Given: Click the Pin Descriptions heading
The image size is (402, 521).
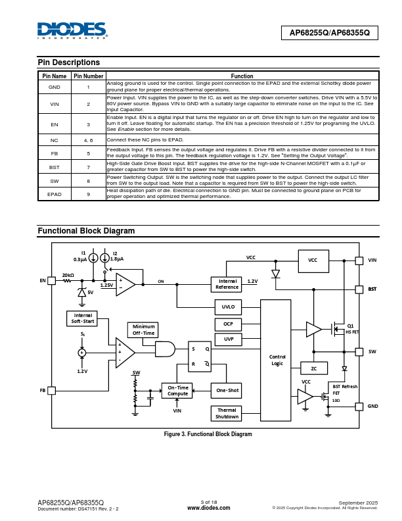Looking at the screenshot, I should tap(69, 62).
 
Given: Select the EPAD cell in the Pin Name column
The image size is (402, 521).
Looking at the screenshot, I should tap(54, 194).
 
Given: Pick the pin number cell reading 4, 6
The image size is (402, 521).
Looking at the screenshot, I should tap(89, 140).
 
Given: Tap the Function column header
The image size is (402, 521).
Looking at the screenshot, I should tap(242, 76).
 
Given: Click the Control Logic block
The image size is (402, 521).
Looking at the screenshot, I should tap(277, 360).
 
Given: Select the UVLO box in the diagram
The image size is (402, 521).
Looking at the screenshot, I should tap(228, 307).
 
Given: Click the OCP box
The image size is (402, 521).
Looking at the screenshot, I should tap(228, 324).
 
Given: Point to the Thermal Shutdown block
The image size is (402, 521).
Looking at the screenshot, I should tap(227, 413).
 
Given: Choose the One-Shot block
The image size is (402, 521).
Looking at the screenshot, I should tap(227, 391).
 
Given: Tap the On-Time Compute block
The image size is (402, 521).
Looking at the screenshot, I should tap(177, 391).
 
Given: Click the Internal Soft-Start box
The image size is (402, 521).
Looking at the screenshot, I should tap(83, 318).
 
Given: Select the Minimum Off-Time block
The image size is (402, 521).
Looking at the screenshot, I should tap(143, 330).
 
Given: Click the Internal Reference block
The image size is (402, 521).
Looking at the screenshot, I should tap(227, 284).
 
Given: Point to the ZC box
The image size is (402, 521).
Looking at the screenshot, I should tap(314, 368).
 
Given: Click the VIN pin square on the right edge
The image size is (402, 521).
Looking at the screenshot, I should tap(359, 260).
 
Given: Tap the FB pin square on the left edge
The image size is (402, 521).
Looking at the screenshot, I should tap(52, 390).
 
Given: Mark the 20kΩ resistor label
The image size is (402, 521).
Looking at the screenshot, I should tap(68, 275).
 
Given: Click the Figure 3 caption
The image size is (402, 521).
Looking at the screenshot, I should tap(208, 434).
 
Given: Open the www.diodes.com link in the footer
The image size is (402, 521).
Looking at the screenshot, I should tap(208, 509).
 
